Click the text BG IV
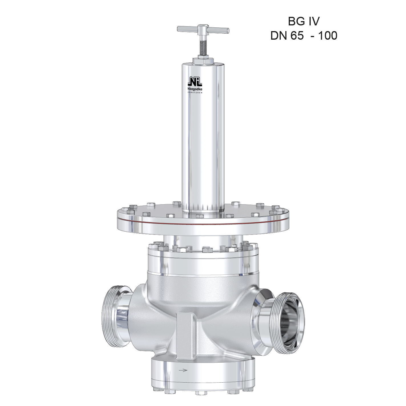click(304, 21)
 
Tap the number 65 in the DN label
click(297, 36)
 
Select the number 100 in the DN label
click(328, 36)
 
